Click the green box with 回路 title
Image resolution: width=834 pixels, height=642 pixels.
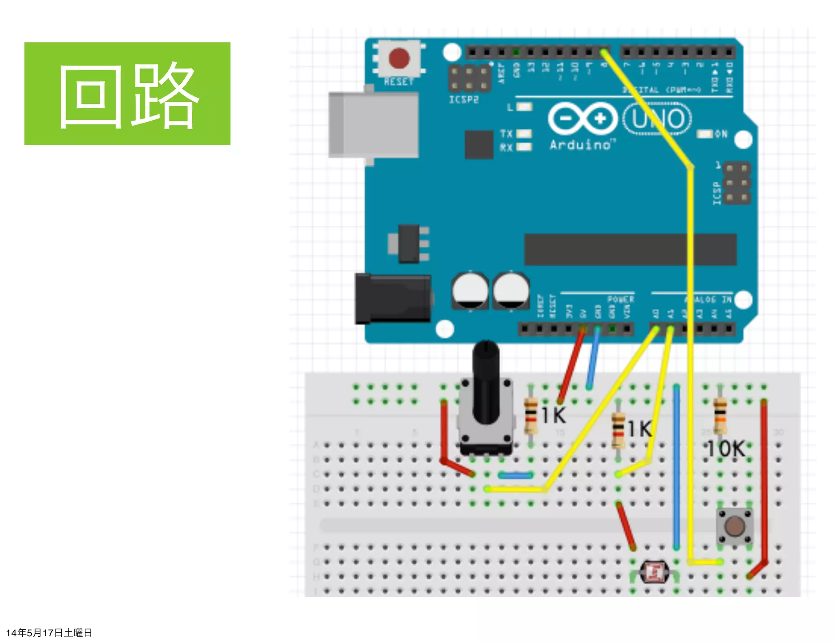tap(127, 93)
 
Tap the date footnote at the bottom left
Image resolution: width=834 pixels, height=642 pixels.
tap(49, 633)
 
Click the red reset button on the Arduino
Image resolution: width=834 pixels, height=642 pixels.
tap(399, 58)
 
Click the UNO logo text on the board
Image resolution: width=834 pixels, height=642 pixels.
tap(657, 119)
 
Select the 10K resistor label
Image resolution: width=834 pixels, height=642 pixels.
tap(726, 449)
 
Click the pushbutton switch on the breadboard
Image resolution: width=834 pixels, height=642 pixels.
tap(734, 526)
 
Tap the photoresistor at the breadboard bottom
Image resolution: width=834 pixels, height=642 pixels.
tap(654, 572)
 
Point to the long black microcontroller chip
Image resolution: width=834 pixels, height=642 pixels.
tap(630, 249)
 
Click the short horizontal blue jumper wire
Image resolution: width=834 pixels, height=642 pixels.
tap(516, 475)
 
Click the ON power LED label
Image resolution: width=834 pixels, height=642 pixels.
tap(720, 134)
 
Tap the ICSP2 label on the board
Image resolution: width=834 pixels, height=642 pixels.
tap(464, 100)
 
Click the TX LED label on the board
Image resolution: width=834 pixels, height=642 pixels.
tap(506, 134)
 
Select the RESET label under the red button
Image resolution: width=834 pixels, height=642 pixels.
tap(399, 82)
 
